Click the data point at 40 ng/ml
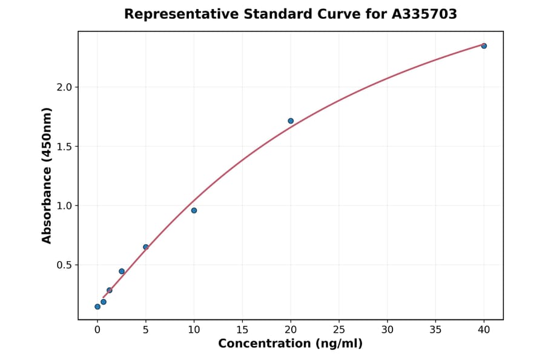[484, 46]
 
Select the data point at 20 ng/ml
[291, 121]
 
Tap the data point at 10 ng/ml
[194, 210]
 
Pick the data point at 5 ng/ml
[146, 247]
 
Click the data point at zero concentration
[97, 307]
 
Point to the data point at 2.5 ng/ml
[122, 272]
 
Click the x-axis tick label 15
[242, 330]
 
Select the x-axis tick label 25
[339, 330]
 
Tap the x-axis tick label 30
[388, 330]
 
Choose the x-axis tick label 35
[435, 330]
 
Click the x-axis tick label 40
[484, 330]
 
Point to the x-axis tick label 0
[97, 330]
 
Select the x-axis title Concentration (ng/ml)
[291, 344]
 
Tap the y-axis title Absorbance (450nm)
[47, 176]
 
